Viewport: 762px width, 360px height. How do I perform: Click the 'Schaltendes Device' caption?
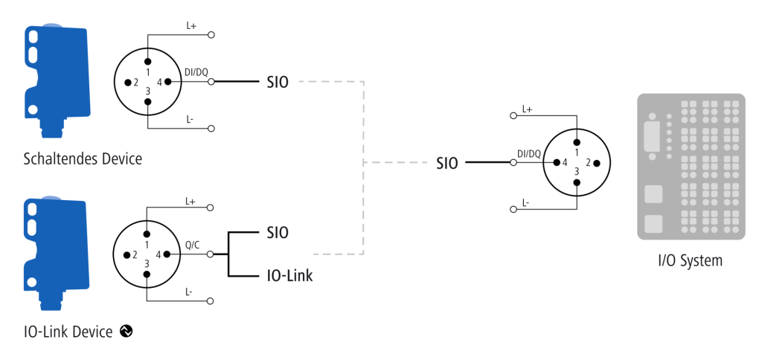point(83,159)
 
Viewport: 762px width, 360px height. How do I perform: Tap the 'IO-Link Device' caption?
point(68,332)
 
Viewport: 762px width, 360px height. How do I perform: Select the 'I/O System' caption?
point(690,260)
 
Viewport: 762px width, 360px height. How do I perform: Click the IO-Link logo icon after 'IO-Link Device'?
point(127,332)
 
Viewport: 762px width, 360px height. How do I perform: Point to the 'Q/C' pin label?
point(191,245)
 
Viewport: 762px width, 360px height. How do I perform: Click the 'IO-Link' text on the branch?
point(289,276)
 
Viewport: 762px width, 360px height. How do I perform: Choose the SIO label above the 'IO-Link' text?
point(278,233)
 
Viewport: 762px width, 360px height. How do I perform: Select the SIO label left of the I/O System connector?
point(447,163)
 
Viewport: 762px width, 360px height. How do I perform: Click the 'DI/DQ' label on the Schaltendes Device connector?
point(196,72)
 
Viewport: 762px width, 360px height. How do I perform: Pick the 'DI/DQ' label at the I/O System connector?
point(529,154)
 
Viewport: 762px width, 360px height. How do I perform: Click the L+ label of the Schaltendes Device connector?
point(191,25)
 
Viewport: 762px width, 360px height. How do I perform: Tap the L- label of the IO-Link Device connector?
point(189,292)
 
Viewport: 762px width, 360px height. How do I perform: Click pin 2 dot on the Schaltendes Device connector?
point(127,82)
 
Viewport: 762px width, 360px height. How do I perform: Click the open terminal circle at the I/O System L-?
point(513,209)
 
